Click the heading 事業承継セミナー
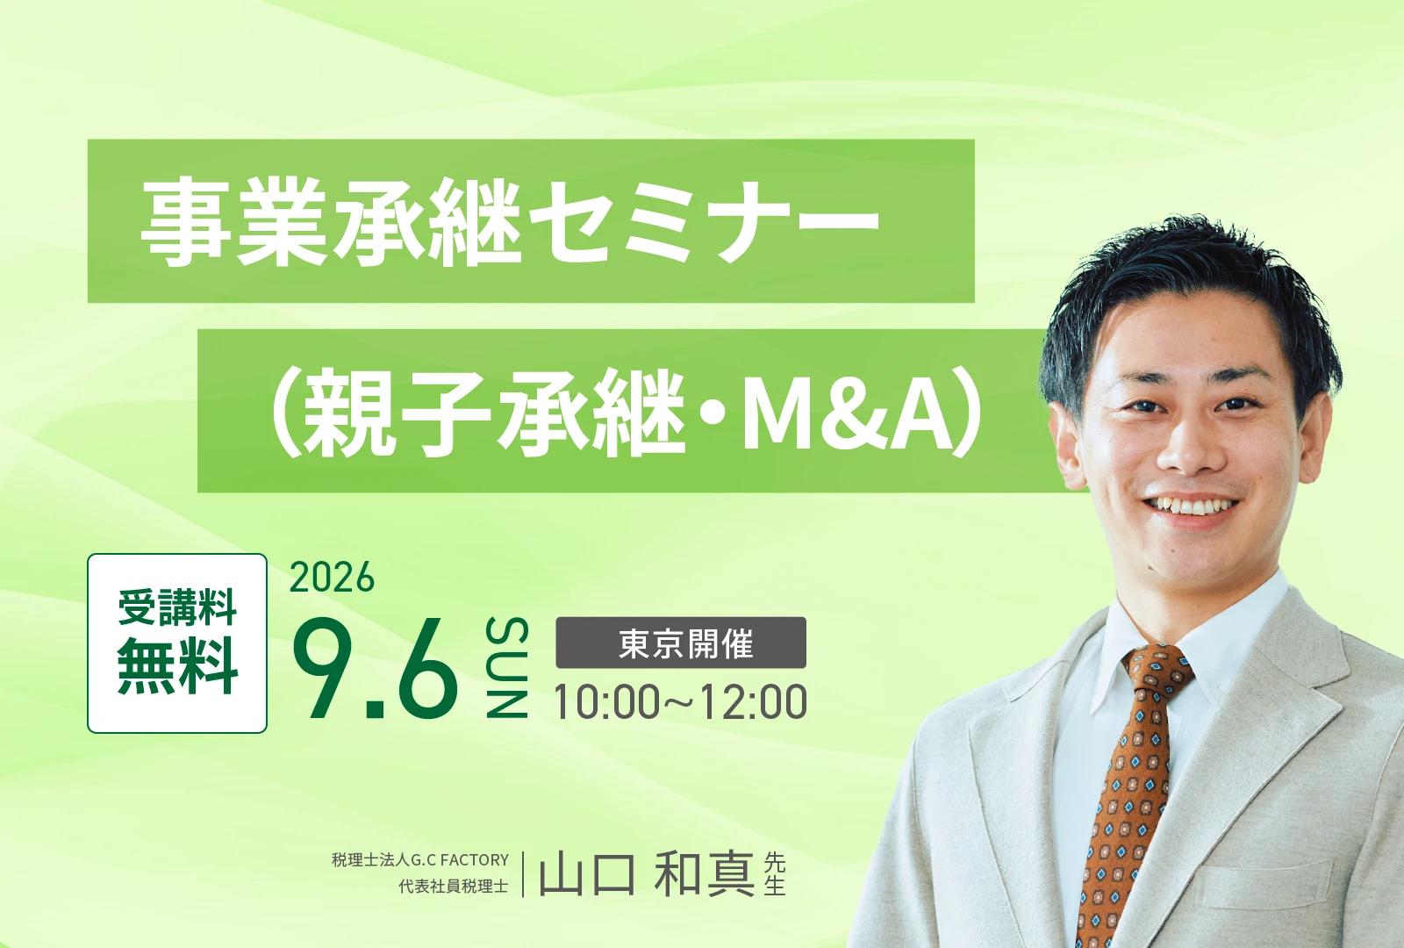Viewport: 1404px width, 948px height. click(x=510, y=221)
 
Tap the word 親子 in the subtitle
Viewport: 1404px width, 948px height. click(x=396, y=413)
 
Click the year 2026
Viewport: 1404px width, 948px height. click(x=332, y=578)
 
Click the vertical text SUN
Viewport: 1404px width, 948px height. click(x=507, y=667)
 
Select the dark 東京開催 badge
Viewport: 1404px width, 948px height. click(x=681, y=643)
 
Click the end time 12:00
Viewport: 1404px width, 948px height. click(x=754, y=702)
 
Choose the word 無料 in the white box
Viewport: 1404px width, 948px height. click(x=177, y=665)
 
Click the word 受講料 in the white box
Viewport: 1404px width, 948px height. click(x=177, y=607)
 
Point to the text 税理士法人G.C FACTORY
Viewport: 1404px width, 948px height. click(x=420, y=859)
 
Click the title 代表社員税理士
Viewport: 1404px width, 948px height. click(x=454, y=887)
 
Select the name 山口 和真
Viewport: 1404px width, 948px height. click(x=647, y=875)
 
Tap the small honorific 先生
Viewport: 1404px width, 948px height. click(x=775, y=874)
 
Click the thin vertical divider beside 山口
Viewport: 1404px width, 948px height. click(x=523, y=874)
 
